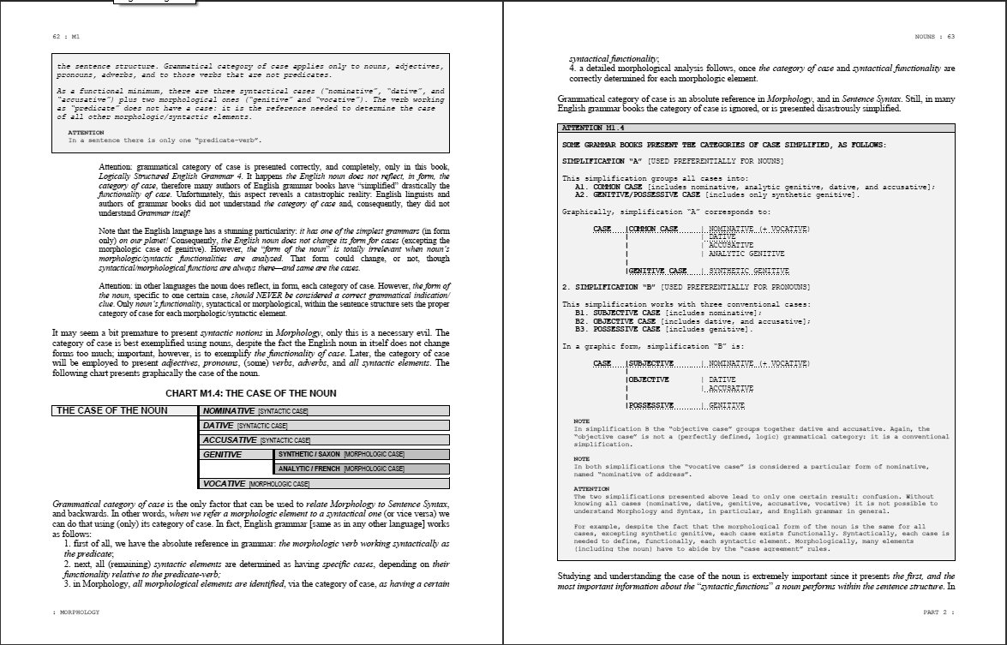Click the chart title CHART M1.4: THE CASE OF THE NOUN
251,393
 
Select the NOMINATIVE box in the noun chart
325,411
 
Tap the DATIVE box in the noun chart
325,426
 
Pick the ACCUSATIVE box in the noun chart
325,440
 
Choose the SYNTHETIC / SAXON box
362,455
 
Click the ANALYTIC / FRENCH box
362,469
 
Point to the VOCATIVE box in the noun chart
325,484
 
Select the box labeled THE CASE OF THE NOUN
124,411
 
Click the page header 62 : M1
65,37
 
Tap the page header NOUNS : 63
934,37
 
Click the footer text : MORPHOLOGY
76,612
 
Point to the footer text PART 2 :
938,612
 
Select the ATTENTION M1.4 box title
593,128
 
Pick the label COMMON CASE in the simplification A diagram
653,230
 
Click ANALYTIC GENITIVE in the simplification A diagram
746,254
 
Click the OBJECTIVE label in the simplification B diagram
649,379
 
